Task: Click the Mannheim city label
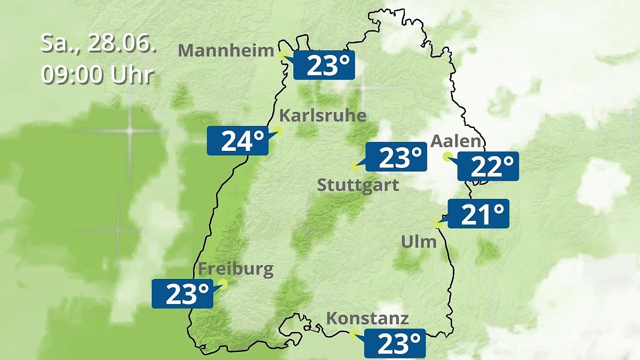pos(226,51)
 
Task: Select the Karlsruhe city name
pos(323,116)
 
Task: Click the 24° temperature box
pos(237,141)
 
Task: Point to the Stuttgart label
pos(358,186)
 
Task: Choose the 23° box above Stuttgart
pos(396,157)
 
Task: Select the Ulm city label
pos(419,242)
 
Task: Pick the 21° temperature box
pos(478,214)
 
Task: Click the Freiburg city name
pos(235,269)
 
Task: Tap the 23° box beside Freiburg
pos(182,293)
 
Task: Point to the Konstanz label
pos(367,319)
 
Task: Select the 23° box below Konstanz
pos(395,343)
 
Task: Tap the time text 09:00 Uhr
pos(97,75)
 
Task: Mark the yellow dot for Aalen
pos(447,156)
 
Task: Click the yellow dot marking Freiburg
pos(222,284)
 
